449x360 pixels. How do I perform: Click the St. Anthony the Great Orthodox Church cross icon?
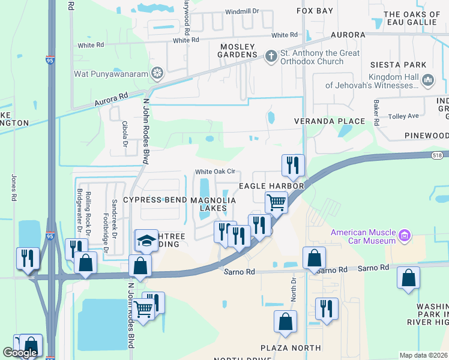271,56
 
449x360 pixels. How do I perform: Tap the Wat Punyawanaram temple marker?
157,74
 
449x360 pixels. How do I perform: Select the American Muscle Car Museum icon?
404,236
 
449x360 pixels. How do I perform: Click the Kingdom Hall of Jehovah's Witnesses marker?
428,80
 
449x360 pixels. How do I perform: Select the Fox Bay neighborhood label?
315,11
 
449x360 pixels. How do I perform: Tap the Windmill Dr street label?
241,11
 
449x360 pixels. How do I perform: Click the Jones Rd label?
14,187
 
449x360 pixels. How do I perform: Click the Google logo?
19,353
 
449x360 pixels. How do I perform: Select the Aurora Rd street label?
111,99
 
